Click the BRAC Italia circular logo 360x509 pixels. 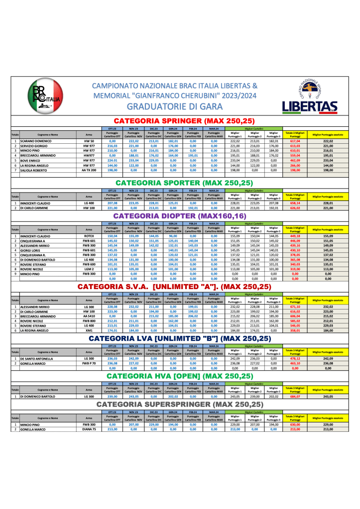tap(45, 96)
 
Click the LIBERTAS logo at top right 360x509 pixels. tap(309, 97)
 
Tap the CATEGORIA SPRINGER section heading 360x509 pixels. tap(184, 121)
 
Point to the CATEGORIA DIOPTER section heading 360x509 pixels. tap(184, 216)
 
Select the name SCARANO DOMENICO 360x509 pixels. tap(38, 141)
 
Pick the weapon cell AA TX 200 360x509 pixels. tap(89, 170)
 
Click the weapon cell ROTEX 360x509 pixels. tap(89, 236)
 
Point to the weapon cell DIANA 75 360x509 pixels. tap(89, 429)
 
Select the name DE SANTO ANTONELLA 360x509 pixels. tap(40, 358)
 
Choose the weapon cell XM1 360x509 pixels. tap(89, 331)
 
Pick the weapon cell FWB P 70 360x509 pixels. tap(89, 363)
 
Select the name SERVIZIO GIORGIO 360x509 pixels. tap(37, 146)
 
